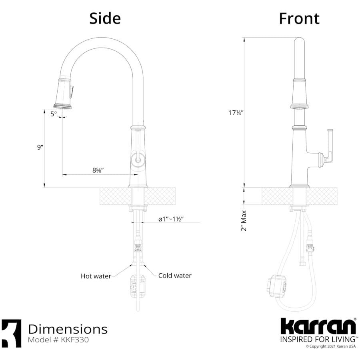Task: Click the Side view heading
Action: [x=105, y=18]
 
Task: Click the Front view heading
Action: [x=299, y=18]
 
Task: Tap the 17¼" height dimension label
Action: [x=236, y=113]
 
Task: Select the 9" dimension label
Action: [x=40, y=147]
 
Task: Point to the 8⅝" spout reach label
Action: [x=98, y=170]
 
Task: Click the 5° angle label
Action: [x=54, y=114]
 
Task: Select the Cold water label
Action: [x=175, y=276]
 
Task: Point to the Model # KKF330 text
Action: [x=58, y=340]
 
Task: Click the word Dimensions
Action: [x=68, y=329]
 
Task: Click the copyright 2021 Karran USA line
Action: [x=330, y=346]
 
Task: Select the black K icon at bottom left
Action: [x=11, y=333]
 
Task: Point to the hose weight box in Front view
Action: [x=276, y=285]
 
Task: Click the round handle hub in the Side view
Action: [x=138, y=159]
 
